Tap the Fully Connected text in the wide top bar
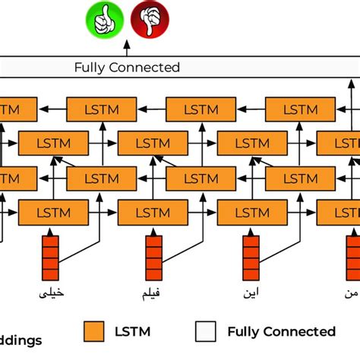pyautogui.click(x=127, y=68)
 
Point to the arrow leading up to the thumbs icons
pyautogui.click(x=127, y=49)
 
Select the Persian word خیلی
pyautogui.click(x=51, y=292)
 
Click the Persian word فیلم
pyautogui.click(x=151, y=292)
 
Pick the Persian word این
pyautogui.click(x=251, y=292)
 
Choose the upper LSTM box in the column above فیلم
pyautogui.click(x=151, y=143)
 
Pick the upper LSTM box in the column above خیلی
pyautogui.click(x=51, y=143)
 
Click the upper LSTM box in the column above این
pyautogui.click(x=251, y=143)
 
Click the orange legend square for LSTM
pyautogui.click(x=94, y=331)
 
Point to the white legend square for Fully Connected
pyautogui.click(x=206, y=331)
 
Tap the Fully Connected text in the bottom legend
pyautogui.click(x=281, y=331)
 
